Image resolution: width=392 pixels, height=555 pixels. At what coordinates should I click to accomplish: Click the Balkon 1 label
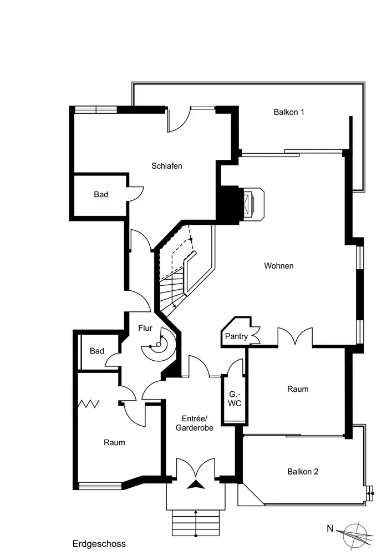[289, 112]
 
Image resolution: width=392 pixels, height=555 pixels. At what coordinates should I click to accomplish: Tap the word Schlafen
[167, 166]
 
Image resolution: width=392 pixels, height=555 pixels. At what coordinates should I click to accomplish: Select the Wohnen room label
[278, 266]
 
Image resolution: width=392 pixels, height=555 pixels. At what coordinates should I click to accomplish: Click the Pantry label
[236, 337]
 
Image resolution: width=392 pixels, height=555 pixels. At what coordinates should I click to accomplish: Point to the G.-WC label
[235, 398]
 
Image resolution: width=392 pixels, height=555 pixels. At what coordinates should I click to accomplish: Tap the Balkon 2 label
[303, 472]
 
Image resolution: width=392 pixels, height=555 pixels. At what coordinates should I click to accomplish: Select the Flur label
[145, 329]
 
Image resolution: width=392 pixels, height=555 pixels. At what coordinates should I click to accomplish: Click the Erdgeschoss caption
[99, 544]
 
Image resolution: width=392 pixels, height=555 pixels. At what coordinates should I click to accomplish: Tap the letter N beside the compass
[330, 529]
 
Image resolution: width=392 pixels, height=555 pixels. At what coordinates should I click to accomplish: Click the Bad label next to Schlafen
[101, 195]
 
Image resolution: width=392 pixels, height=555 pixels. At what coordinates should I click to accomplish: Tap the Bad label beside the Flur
[97, 351]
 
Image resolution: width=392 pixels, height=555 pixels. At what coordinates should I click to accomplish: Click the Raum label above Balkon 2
[298, 389]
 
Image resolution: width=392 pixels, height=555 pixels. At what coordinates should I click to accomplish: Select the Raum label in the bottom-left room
[114, 443]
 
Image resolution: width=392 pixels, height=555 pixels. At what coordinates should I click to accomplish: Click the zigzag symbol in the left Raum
[89, 403]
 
